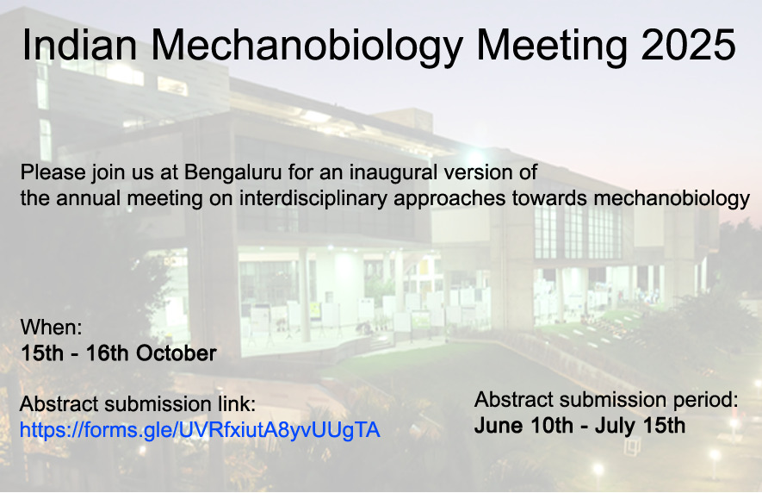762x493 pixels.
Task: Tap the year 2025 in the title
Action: [688, 44]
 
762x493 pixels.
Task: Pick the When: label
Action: [51, 327]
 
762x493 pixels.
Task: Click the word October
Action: [176, 353]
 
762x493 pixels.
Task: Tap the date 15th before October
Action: [42, 353]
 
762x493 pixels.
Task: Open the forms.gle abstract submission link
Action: [200, 430]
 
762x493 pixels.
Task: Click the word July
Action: [614, 427]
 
